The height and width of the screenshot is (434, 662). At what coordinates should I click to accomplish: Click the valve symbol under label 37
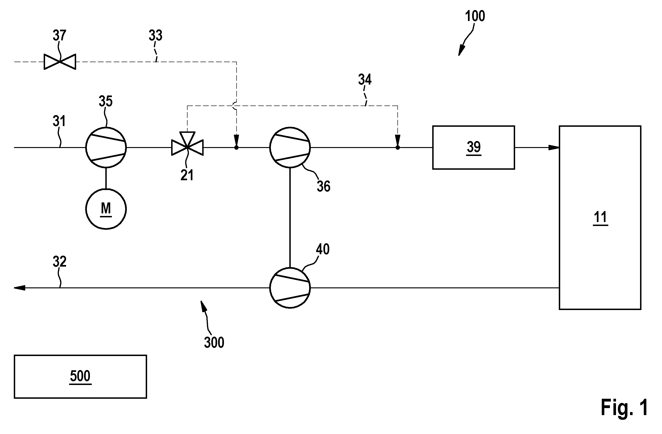pos(60,62)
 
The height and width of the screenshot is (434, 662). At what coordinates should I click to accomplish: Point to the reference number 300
pos(214,342)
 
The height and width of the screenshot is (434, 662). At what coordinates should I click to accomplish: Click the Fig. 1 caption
pos(624,407)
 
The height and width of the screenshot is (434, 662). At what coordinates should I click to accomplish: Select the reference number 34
pos(365,80)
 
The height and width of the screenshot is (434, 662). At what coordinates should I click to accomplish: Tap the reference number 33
pos(156,35)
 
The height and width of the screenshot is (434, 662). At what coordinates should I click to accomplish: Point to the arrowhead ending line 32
pos(19,288)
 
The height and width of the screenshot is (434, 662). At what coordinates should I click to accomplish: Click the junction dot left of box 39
pos(398,148)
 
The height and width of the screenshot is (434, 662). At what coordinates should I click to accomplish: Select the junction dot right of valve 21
pos(236,148)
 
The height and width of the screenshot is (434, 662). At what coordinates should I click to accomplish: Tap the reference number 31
pos(59,121)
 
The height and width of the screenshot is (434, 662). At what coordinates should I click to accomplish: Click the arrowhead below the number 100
pos(461,50)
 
